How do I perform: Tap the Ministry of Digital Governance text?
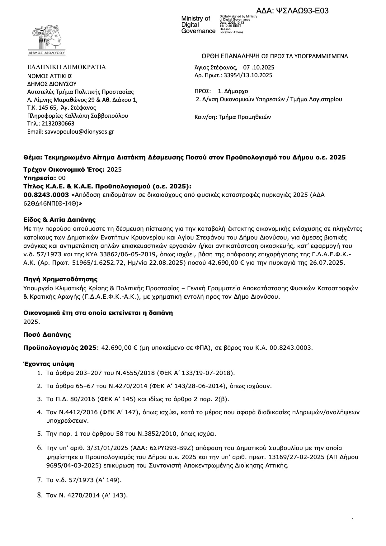[198, 25]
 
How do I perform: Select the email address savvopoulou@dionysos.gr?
[79, 132]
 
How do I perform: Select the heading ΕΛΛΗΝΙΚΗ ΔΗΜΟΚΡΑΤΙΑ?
[66, 67]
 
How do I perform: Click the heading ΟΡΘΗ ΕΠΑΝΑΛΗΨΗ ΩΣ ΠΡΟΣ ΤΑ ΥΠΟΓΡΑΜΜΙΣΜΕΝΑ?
[275, 56]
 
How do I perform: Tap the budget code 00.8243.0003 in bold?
[46, 195]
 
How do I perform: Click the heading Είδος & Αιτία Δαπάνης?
[59, 220]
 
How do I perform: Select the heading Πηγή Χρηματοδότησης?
[60, 279]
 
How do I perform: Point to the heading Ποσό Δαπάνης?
[47, 335]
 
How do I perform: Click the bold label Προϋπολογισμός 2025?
[60, 348]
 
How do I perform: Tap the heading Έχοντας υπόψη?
[49, 364]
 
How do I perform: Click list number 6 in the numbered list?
[40, 448]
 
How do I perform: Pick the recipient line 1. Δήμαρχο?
[233, 92]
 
